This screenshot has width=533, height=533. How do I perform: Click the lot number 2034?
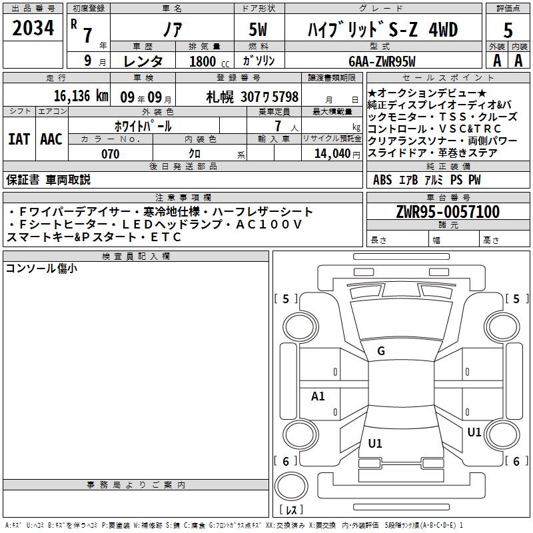click(33, 28)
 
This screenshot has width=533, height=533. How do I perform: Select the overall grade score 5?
click(508, 30)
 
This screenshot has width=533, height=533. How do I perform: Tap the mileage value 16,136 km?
click(81, 96)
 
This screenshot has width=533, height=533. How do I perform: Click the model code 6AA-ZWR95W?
click(382, 61)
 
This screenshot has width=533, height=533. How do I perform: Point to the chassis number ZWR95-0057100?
click(448, 212)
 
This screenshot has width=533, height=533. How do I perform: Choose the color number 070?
click(111, 154)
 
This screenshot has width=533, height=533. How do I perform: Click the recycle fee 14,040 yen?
click(337, 154)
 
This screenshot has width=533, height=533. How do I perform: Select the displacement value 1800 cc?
click(209, 61)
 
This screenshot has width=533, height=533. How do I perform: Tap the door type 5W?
click(258, 29)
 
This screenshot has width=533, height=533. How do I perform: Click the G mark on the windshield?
click(381, 351)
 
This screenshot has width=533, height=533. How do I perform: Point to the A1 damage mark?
click(318, 396)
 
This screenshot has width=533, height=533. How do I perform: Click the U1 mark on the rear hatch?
click(375, 443)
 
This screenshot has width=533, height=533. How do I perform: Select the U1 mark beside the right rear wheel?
click(474, 432)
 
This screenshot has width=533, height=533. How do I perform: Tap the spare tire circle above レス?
click(291, 486)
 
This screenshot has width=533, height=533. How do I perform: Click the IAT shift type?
click(19, 139)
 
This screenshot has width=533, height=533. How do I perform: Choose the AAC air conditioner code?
click(51, 139)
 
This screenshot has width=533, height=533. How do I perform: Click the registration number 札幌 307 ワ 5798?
click(253, 97)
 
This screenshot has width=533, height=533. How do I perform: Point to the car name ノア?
click(173, 29)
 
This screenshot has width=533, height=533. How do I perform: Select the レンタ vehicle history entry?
click(143, 61)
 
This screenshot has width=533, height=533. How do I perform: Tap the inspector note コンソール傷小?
click(41, 268)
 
